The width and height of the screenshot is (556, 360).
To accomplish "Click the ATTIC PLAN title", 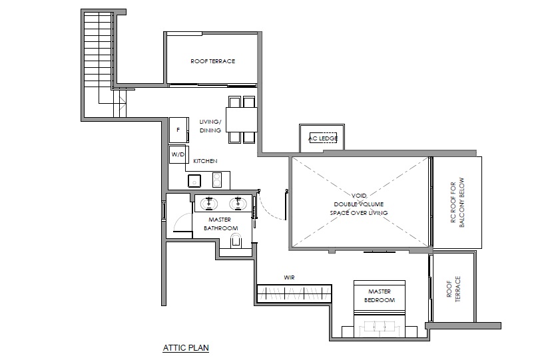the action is coord(186,347).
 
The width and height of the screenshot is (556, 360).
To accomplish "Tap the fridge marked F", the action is coord(178,130).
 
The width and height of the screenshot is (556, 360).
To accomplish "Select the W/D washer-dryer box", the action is coord(178,154).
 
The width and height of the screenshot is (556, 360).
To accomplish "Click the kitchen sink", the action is coord(194,180).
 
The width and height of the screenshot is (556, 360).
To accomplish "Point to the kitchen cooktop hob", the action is coord(217,180).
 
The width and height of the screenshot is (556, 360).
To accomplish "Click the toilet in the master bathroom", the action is coord(236,241).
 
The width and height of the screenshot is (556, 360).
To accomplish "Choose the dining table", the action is coord(242,120).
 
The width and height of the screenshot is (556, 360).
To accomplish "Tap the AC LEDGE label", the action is coord(323,138).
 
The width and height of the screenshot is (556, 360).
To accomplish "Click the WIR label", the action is coord(289,277).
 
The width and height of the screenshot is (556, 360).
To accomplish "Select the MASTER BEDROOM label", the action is coord(380,295).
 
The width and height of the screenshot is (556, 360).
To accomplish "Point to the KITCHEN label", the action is coord(205,161).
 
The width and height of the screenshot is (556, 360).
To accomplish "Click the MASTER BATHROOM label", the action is coord(220,224).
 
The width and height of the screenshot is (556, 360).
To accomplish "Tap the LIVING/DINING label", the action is coord(210,126).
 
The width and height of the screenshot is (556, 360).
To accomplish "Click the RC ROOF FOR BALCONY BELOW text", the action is coord(457,202).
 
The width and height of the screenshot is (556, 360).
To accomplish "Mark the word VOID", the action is coord(359,196).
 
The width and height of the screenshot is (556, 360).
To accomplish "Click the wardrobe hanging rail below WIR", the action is coord(294,293).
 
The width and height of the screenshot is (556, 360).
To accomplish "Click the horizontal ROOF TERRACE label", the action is coord(213,61).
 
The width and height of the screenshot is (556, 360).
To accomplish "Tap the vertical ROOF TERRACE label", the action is coord(453,289).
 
